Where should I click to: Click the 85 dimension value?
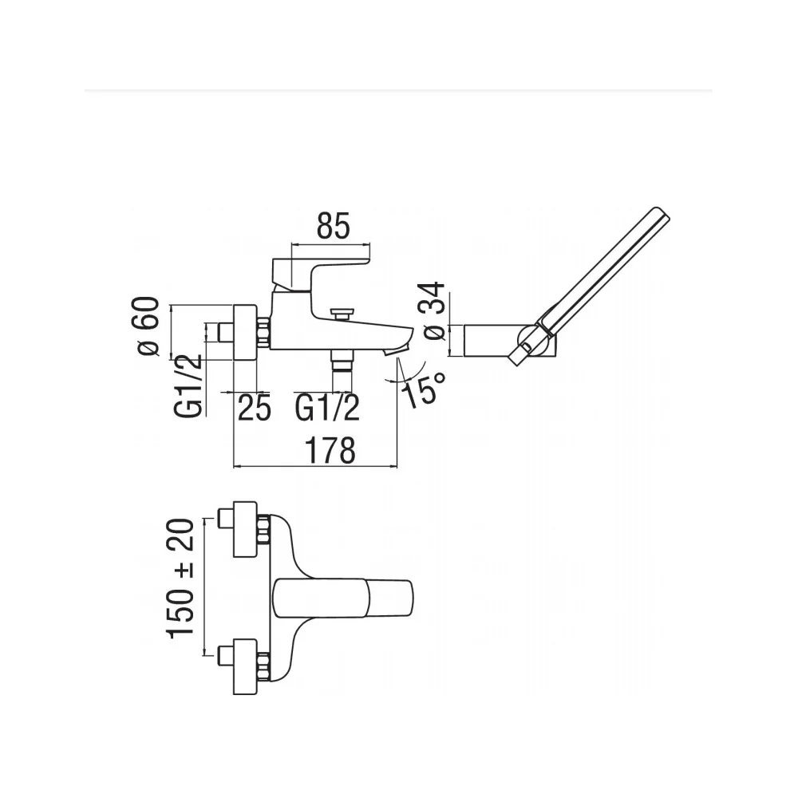coord(334,226)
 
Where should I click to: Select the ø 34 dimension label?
coord(434,310)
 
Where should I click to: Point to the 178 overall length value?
coord(330,450)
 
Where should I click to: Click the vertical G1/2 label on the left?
coord(188,385)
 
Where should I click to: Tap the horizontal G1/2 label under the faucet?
coord(327,407)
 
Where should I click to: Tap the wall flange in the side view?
coord(245,333)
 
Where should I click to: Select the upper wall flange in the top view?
coord(245,529)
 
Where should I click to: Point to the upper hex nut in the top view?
coord(263,530)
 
